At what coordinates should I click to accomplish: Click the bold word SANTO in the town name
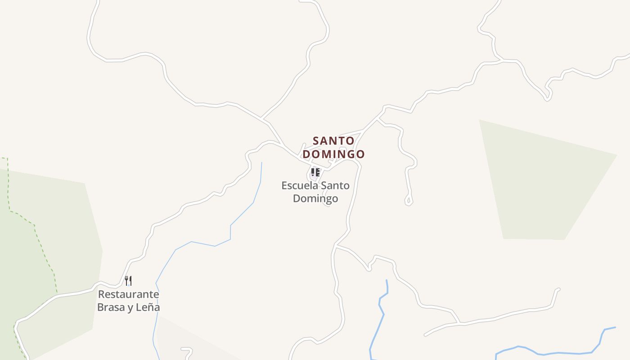click(333, 141)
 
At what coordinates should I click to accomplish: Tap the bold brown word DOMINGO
click(333, 154)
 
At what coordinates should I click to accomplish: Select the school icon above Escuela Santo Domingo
click(315, 172)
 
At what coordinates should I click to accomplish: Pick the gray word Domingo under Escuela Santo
click(315, 198)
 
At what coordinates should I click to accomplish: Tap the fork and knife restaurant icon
click(128, 281)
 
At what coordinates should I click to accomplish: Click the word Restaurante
click(129, 294)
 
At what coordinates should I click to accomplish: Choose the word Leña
click(148, 307)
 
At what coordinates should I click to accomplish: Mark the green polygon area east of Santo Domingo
click(544, 180)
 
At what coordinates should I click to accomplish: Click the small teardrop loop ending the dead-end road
click(409, 200)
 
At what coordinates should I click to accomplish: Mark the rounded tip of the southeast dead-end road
click(558, 290)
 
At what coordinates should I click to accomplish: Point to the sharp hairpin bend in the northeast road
click(548, 98)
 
